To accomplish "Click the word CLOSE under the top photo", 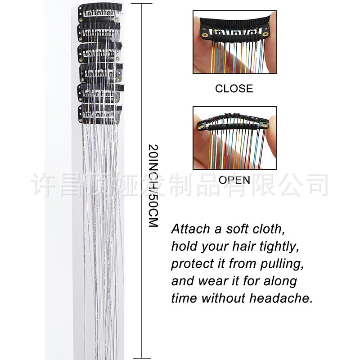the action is pos(234,89).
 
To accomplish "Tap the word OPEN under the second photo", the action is pos(234,180).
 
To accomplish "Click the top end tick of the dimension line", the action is pos(142,4).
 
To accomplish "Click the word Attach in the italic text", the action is pos(190,229).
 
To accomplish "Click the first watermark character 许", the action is pos(43,185).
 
